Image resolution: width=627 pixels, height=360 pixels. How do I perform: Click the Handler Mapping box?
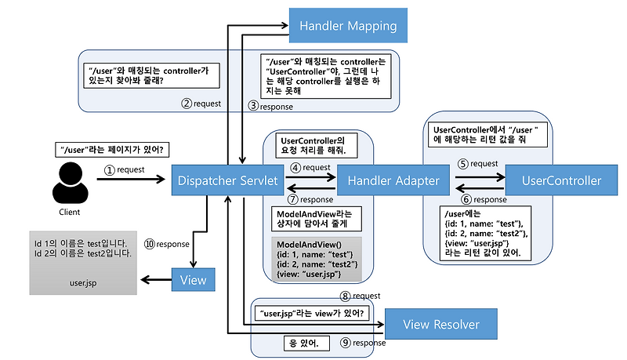[348, 25]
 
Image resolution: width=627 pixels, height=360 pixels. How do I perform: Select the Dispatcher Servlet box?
[227, 180]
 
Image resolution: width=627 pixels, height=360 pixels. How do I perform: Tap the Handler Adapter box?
[393, 180]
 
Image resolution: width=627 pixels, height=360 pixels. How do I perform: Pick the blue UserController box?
[561, 180]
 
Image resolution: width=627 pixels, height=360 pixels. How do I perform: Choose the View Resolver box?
[440, 324]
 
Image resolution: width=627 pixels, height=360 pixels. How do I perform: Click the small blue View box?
[193, 279]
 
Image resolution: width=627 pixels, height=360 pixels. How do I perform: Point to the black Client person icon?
[70, 183]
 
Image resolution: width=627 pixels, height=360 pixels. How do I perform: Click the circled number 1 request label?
[125, 170]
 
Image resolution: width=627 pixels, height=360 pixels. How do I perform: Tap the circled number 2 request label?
[201, 104]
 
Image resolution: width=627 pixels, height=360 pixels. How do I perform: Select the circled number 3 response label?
[270, 107]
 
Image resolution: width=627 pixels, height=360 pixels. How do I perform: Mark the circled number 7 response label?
[310, 199]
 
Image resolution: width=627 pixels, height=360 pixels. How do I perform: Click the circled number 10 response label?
[167, 244]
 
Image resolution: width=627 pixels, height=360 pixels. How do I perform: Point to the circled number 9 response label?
[363, 343]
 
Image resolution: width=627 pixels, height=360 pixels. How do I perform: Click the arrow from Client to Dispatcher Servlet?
[131, 179]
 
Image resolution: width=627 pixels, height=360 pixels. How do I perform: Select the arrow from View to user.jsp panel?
[156, 279]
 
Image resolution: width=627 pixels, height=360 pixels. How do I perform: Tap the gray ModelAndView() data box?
[317, 259]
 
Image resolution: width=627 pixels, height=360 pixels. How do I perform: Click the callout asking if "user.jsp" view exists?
[312, 313]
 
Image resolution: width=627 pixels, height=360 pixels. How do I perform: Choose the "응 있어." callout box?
[306, 344]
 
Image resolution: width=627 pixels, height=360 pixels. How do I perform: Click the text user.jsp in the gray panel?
[83, 283]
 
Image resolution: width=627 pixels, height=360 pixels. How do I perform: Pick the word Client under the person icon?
[70, 212]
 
